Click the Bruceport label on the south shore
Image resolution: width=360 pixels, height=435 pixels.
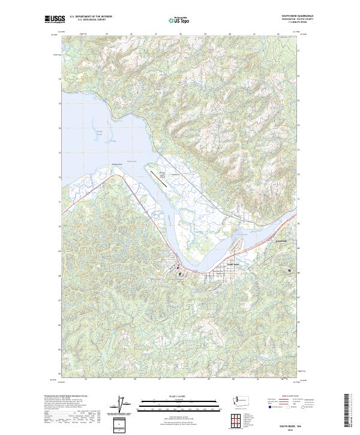[x=116, y=162]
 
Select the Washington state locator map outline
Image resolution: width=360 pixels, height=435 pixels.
[x=243, y=400]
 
